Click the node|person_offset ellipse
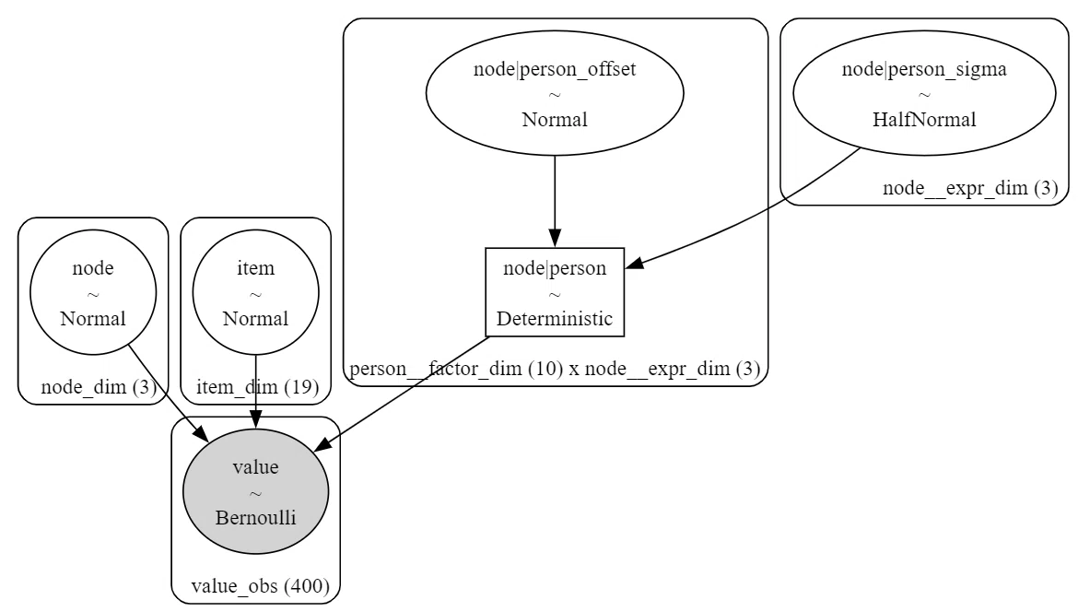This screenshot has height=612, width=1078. (x=555, y=93)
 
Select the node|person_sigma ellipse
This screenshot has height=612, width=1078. (x=924, y=93)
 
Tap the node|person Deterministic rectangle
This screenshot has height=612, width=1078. (x=555, y=292)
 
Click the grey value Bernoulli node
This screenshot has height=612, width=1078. (x=256, y=491)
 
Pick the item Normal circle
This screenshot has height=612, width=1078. (x=256, y=292)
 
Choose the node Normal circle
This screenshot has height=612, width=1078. (x=93, y=292)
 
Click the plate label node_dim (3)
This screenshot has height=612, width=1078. (x=99, y=387)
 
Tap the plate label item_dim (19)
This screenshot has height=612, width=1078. (x=258, y=387)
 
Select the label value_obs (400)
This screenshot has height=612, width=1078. (x=261, y=586)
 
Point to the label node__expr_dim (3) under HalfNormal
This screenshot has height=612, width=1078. (x=970, y=188)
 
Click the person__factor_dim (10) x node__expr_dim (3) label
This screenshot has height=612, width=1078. (x=555, y=370)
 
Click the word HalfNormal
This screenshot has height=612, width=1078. (x=924, y=120)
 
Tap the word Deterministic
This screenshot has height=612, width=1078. (x=555, y=319)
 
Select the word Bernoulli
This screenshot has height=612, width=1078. (x=256, y=518)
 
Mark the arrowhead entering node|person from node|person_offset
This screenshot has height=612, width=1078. (x=555, y=238)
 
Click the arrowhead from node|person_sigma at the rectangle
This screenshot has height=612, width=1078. (x=634, y=263)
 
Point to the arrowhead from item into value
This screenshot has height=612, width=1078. (x=256, y=419)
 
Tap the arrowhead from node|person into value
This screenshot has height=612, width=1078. (x=322, y=444)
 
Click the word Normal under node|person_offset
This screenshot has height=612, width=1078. (x=555, y=120)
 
